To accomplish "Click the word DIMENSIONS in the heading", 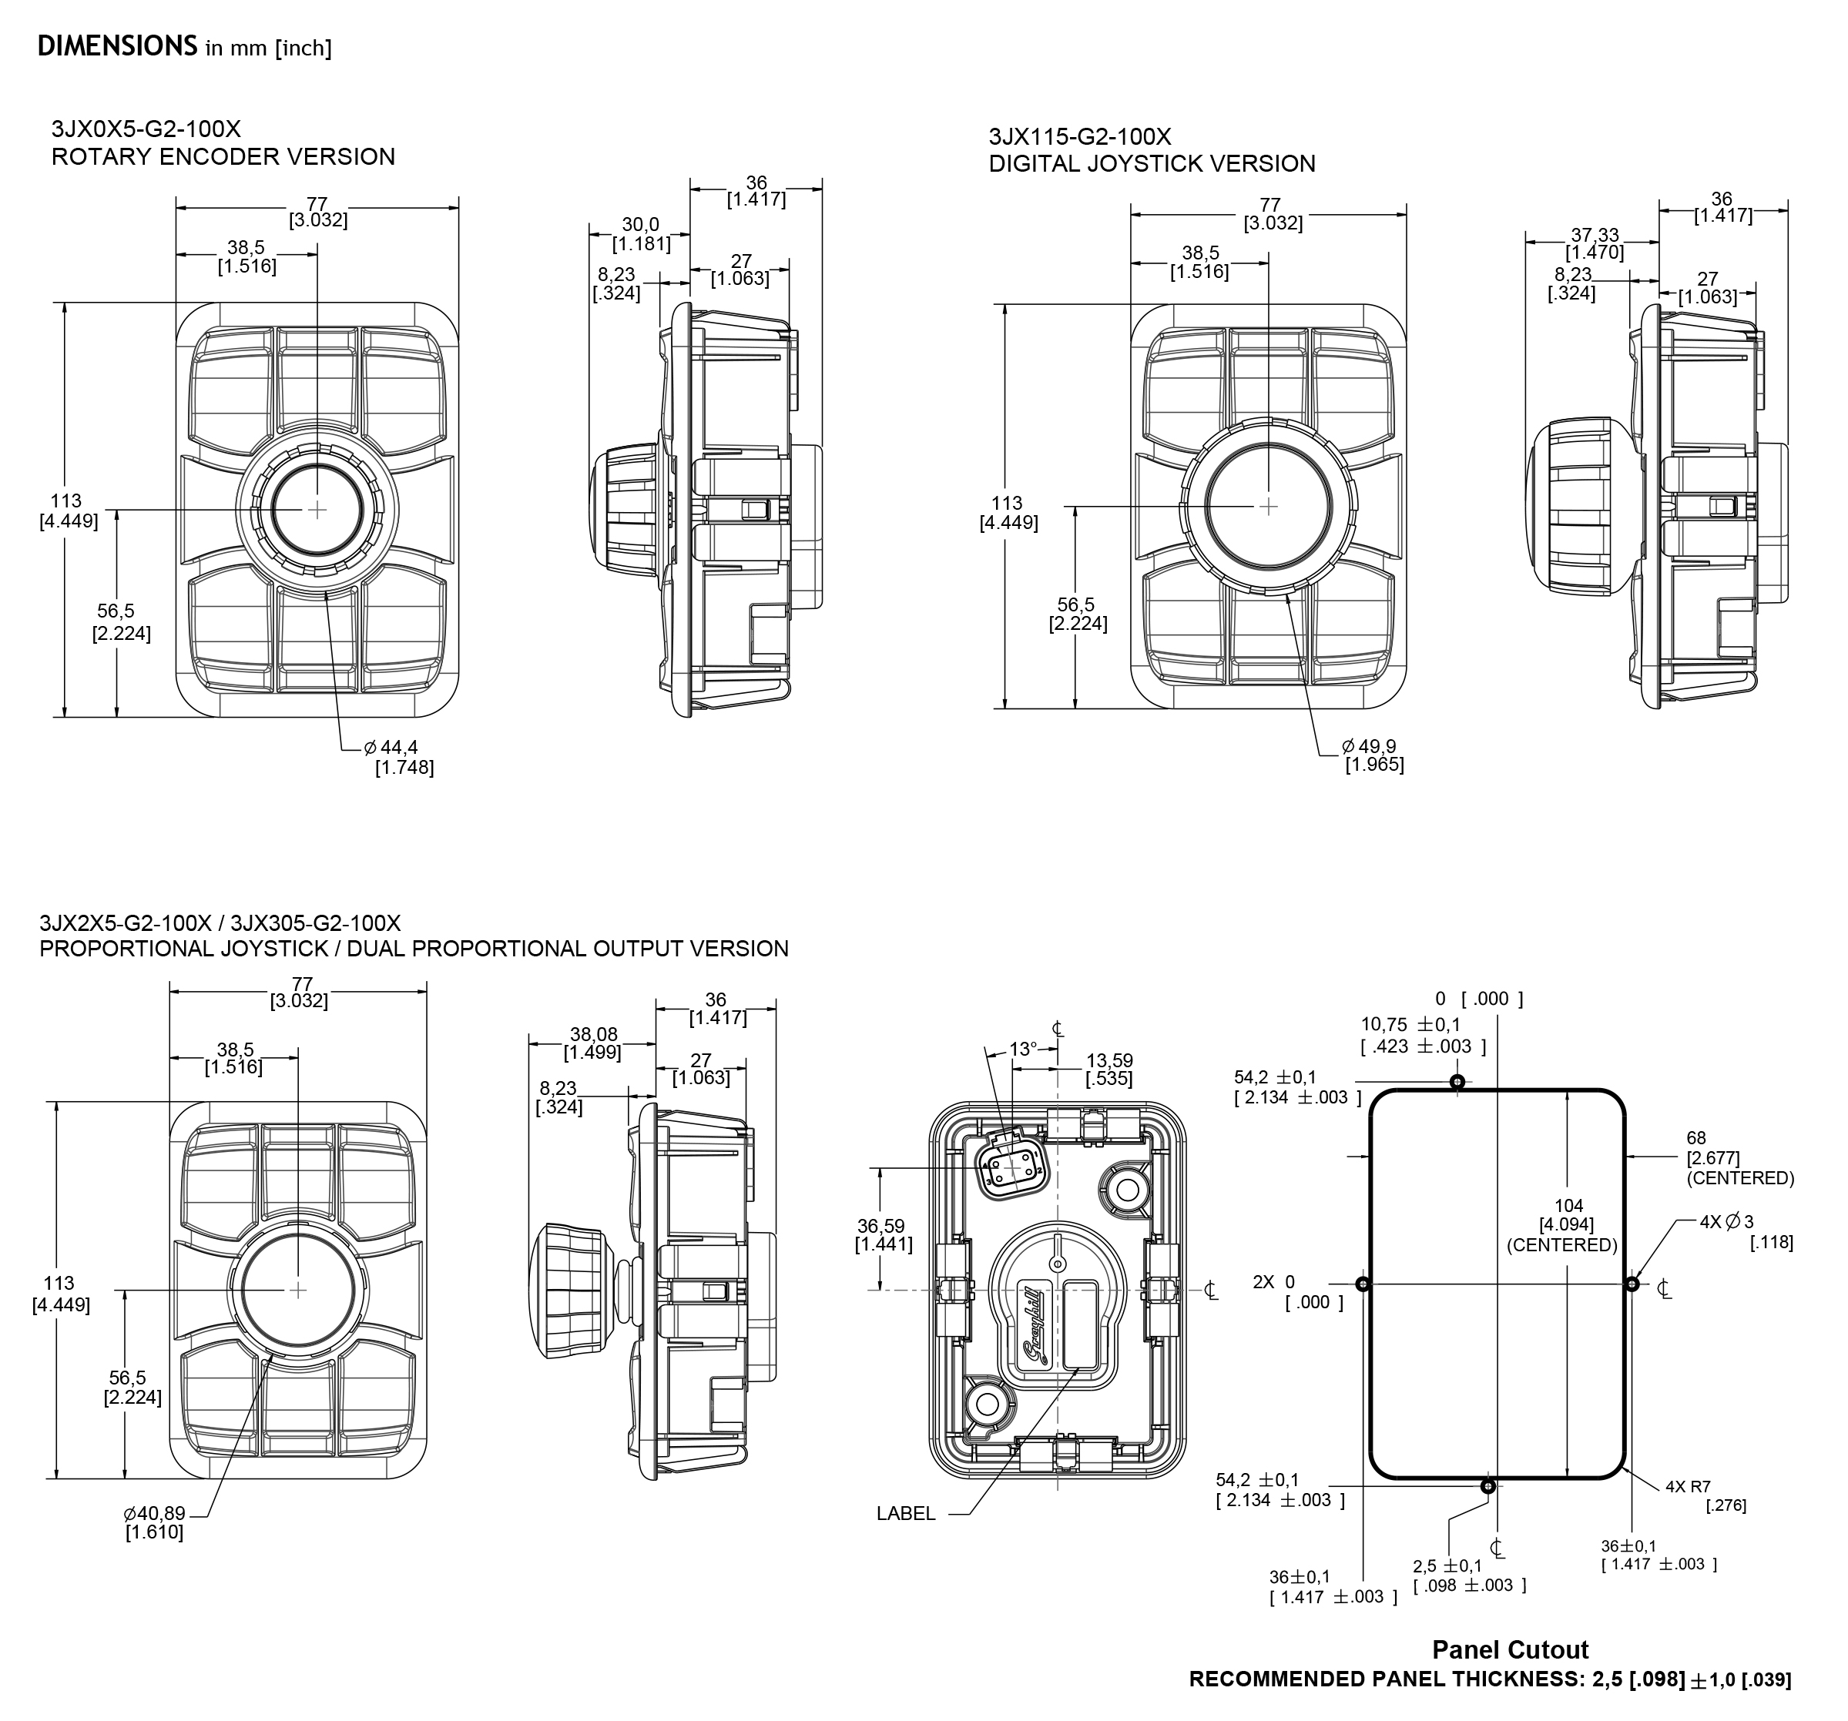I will [x=116, y=46].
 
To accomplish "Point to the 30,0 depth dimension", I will [x=640, y=225].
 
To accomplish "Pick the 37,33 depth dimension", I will [x=1595, y=235].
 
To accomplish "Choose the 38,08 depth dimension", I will [x=593, y=1034].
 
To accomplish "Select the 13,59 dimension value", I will [x=1109, y=1060].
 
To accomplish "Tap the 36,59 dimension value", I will [x=881, y=1226].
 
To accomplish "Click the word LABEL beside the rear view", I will [x=905, y=1514].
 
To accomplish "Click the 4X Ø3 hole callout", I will [x=1726, y=1223].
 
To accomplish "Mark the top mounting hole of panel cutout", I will [x=1457, y=1082].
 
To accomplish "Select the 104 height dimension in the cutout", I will [x=1568, y=1206].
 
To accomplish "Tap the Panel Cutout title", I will [x=1510, y=1649].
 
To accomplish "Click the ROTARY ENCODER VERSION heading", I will [x=223, y=156].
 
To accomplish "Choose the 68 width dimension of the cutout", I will [x=1696, y=1137].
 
